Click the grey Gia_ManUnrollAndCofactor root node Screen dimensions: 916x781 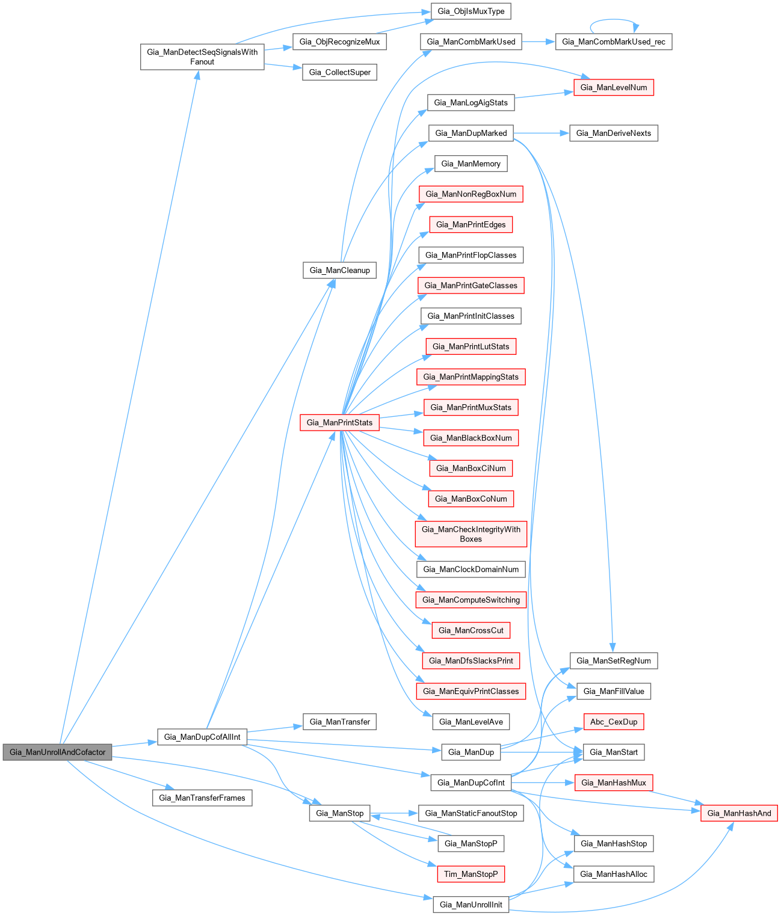(x=58, y=752)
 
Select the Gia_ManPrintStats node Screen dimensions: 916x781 (x=339, y=422)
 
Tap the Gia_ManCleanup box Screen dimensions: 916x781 (x=339, y=270)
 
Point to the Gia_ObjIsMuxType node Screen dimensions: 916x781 (x=471, y=11)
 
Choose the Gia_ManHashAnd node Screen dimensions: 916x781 (x=739, y=813)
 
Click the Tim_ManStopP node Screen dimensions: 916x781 (x=471, y=874)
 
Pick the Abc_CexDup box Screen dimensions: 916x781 (x=614, y=722)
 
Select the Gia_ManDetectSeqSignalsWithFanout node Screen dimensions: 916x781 (x=202, y=57)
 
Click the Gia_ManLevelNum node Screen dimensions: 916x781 (x=614, y=87)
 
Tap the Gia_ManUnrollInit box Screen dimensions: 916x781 (x=471, y=905)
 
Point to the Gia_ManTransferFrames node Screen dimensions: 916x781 (x=202, y=798)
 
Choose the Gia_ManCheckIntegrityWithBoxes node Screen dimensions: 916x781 (x=471, y=534)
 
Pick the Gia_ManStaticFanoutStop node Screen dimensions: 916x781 (x=471, y=813)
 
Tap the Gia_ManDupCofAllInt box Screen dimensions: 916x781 (x=202, y=737)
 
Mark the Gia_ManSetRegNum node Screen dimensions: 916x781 (x=614, y=660)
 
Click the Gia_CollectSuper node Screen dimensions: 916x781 (x=339, y=72)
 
